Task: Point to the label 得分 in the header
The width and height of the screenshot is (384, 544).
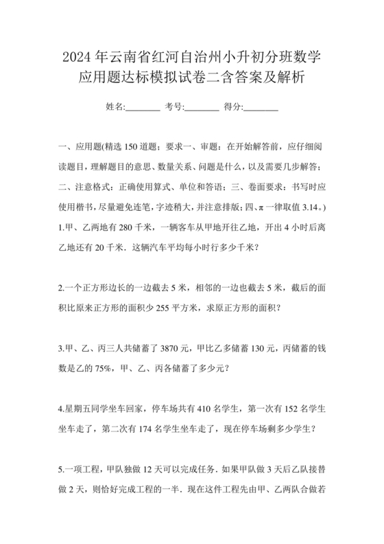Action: (x=233, y=107)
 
